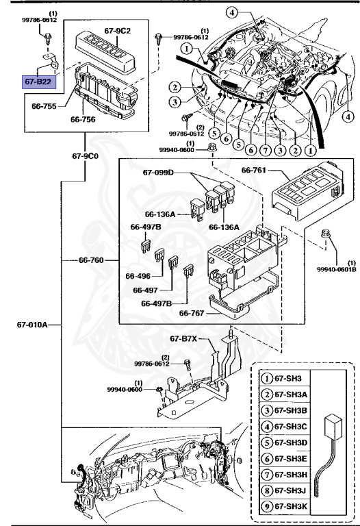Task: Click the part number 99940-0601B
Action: [x=336, y=269]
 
